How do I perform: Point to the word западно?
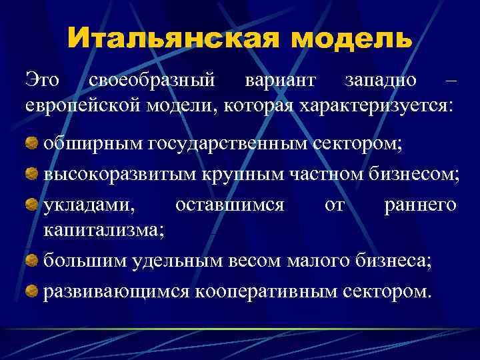click(381, 81)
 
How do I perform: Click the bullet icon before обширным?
click(32, 141)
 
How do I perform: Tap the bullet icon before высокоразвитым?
click(32, 173)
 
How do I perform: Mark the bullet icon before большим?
click(32, 260)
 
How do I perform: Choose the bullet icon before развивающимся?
click(32, 291)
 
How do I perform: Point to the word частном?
click(326, 173)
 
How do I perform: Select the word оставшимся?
click(230, 205)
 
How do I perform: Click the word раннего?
click(420, 205)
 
